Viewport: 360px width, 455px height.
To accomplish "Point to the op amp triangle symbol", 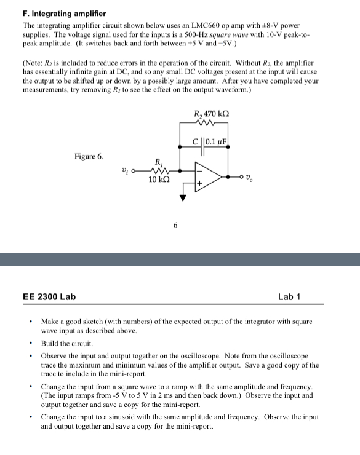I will click(x=206, y=176).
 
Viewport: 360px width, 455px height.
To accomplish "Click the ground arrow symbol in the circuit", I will click(x=183, y=198).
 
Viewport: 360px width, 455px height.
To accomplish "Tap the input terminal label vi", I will click(x=126, y=170).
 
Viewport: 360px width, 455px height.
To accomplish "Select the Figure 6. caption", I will click(x=89, y=156).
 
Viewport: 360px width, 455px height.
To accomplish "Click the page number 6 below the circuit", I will click(x=175, y=226).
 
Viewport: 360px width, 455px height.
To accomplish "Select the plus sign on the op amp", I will click(x=199, y=183).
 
